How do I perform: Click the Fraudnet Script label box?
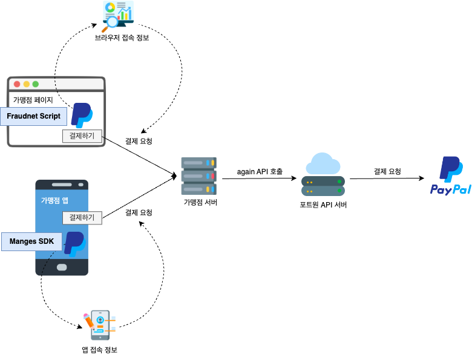click(33, 116)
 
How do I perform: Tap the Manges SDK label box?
click(31, 241)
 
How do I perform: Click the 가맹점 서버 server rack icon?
click(198, 175)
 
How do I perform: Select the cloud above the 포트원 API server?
click(323, 164)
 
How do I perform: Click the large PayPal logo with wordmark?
click(451, 176)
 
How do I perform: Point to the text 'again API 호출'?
click(260, 172)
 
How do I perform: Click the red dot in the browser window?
click(17, 84)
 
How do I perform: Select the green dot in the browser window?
click(35, 84)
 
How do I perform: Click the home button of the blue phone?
click(62, 266)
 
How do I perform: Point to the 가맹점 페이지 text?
click(33, 100)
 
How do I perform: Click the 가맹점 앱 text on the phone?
click(54, 200)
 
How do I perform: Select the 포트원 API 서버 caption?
click(323, 205)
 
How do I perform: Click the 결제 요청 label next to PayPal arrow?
click(387, 172)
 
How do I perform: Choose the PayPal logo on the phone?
click(74, 243)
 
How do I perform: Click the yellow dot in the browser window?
click(26, 84)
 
